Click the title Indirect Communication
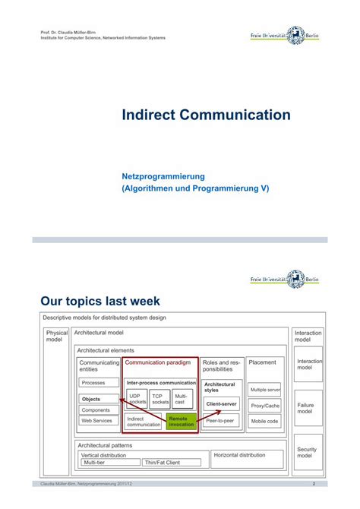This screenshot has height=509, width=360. tap(207, 115)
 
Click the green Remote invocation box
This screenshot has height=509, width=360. tap(182, 421)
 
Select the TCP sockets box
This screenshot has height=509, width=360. tap(160, 399)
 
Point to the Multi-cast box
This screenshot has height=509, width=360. tap(182, 399)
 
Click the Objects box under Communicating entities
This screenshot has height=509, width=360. tap(99, 399)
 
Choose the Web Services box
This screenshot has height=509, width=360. tap(99, 420)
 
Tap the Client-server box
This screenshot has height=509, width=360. tap(222, 404)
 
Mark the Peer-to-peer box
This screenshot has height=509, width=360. tap(222, 420)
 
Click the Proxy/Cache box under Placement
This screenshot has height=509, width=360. tap(265, 406)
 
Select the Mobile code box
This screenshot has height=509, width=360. tap(265, 421)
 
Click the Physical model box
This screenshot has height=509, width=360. tap(57, 336)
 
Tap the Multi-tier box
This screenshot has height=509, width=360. tap(109, 462)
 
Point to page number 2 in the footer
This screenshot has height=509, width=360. tap(313, 484)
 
